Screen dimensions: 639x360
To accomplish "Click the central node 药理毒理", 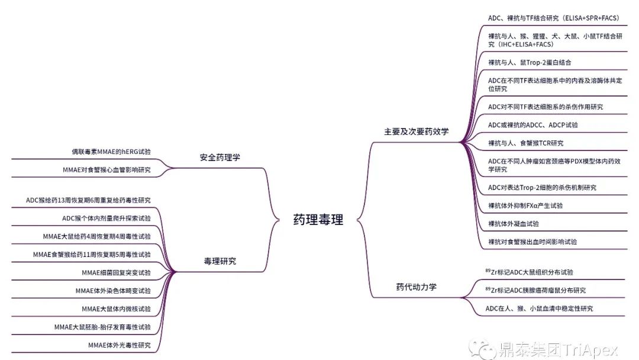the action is pos(318,220).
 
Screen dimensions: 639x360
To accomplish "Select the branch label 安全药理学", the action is pos(220,157).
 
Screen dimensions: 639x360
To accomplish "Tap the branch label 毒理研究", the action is pos(220,261).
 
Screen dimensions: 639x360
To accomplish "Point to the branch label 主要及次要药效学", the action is pos(416,131).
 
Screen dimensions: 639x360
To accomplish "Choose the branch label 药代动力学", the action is pos(416,288).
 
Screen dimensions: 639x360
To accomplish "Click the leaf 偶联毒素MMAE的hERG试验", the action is pos(111,152).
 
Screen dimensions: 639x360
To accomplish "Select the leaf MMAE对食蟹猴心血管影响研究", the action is pos(106,170).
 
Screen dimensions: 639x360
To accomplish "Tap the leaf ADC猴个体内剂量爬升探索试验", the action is pos(106,218).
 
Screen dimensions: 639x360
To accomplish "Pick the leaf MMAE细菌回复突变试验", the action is pos(116,272).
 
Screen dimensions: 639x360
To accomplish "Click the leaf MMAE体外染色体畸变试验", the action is pos(113,291).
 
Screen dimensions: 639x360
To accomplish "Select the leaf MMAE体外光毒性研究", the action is pos(119,345).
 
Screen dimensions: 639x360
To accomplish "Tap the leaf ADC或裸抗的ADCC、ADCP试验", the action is pos(532,125).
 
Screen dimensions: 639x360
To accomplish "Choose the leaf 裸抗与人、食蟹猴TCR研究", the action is pos(525,143).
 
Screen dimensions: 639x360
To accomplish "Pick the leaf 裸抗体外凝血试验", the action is pos(513,224).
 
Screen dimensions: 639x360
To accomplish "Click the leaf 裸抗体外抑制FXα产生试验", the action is pos(525,205).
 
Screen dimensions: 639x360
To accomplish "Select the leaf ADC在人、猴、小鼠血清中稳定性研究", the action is pos(538,308).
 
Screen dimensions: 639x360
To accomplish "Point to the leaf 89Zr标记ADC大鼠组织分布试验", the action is pos(528,272).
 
